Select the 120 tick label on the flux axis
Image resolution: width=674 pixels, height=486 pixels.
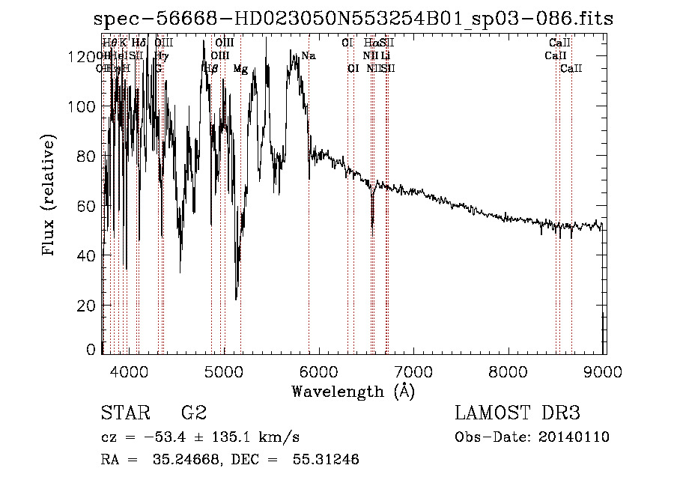(86, 57)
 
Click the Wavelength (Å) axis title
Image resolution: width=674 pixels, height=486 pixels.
(353, 392)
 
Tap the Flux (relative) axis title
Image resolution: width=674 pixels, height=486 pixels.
(49, 196)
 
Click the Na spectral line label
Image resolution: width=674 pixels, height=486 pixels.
(309, 56)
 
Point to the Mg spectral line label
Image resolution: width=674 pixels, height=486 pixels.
(240, 69)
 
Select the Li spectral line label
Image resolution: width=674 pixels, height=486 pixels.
(385, 56)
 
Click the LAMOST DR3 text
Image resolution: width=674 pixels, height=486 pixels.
(517, 413)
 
